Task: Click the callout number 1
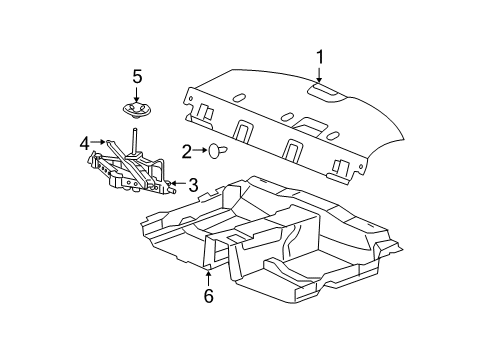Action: click(320, 59)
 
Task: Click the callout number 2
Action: click(187, 152)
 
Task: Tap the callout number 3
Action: click(193, 184)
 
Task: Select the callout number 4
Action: click(86, 143)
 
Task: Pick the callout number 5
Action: click(137, 76)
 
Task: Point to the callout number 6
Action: click(208, 295)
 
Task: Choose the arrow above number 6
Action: click(208, 274)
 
